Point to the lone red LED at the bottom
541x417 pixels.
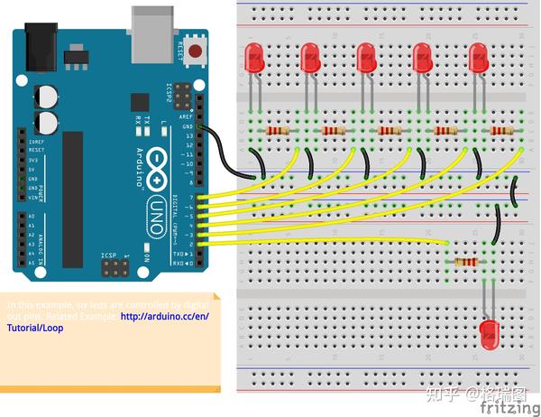point(490,334)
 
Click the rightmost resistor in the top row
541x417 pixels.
point(501,131)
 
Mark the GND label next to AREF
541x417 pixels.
point(188,127)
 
